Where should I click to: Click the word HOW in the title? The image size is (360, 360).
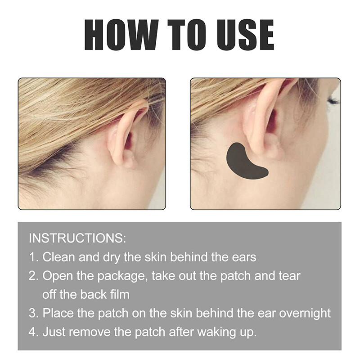pos(118,35)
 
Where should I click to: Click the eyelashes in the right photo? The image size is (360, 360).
pos(333,100)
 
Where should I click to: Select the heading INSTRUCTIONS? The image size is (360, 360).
pos(77,238)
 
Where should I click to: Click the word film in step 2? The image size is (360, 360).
pos(119,295)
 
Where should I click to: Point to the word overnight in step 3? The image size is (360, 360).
pos(305,313)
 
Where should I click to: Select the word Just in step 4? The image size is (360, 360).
pos(54,332)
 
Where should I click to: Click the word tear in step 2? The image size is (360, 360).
pos(290,276)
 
